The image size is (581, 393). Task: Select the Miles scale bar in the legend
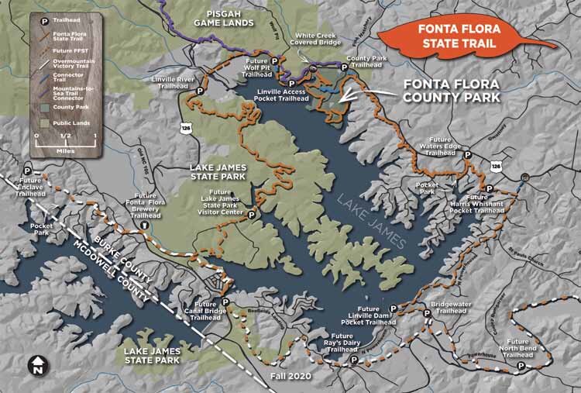point(65,141)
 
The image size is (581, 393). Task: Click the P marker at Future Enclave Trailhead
point(29,171)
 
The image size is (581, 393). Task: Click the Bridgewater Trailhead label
point(449,308)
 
